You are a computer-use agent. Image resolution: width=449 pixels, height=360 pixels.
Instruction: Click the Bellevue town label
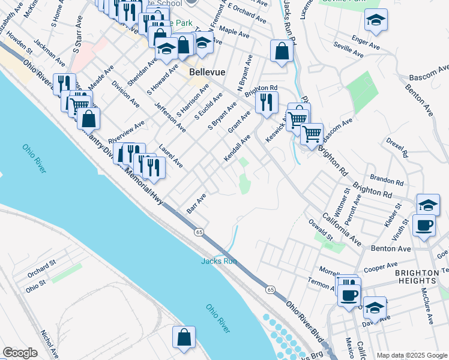[x=207, y=71]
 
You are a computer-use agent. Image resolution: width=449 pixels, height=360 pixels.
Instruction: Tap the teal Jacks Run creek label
[x=218, y=260]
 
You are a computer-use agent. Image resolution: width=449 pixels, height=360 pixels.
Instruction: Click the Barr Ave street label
[x=196, y=203]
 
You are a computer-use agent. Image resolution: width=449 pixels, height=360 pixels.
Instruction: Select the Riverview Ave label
[x=126, y=133]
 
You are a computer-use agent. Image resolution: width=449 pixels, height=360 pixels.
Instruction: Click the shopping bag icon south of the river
[x=184, y=337]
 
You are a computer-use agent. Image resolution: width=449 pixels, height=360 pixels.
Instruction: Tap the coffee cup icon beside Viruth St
[x=424, y=225]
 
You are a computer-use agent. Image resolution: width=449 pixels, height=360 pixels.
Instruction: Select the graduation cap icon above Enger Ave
[x=376, y=20]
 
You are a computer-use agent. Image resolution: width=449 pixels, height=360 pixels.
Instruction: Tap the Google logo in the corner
[x=20, y=353]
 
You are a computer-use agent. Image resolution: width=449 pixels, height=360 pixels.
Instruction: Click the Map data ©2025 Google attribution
[x=412, y=355]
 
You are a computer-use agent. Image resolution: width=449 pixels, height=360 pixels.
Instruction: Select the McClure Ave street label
[x=427, y=306]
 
